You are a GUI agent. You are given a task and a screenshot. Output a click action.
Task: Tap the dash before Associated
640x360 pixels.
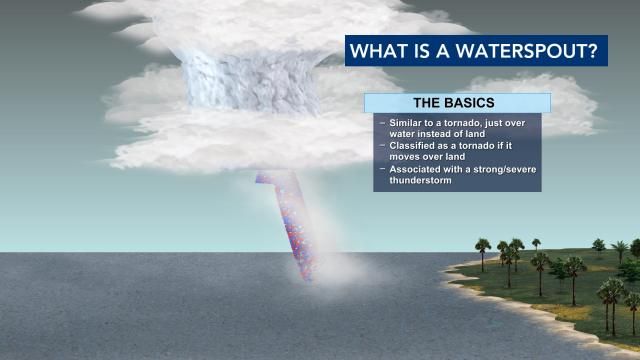381,169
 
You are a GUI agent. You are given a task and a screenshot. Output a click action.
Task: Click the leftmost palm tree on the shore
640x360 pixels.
482,246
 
